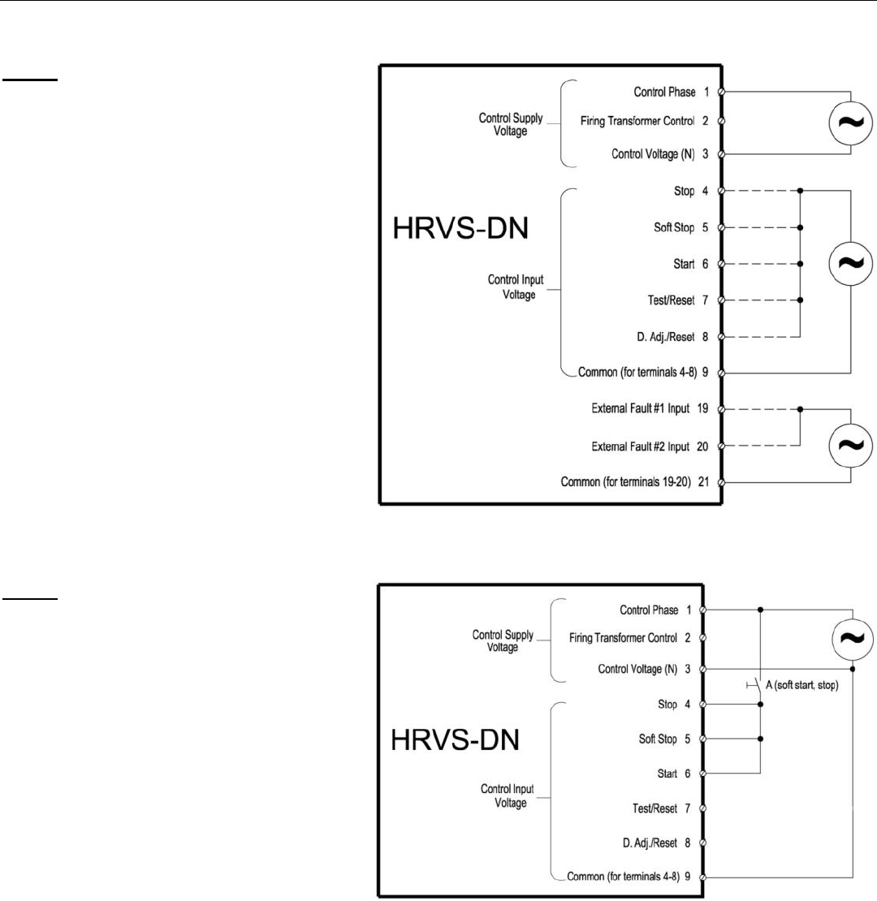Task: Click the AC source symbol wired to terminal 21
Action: tap(850, 445)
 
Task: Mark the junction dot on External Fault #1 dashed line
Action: tap(801, 409)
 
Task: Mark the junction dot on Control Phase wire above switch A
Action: tap(760, 609)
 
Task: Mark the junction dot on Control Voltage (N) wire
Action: tap(852, 669)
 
